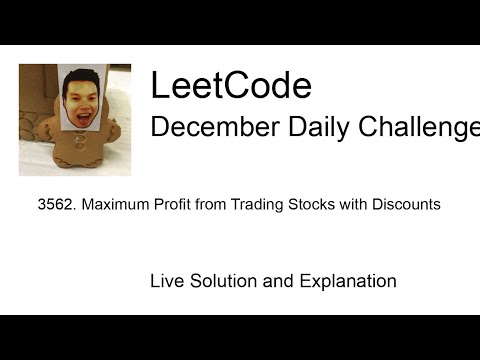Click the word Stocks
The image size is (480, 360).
click(305, 205)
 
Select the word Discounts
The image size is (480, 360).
click(402, 205)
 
